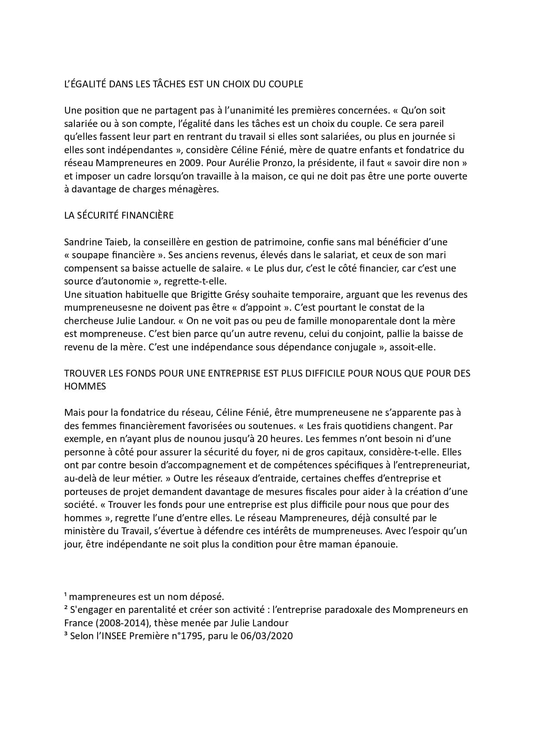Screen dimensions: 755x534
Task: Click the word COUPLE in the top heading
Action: click(x=286, y=84)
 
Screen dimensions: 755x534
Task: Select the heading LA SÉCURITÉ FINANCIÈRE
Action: click(x=119, y=215)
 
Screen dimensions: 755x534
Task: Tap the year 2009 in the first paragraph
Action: click(x=199, y=163)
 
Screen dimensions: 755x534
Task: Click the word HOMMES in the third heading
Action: click(x=85, y=386)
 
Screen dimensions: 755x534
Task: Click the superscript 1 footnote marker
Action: click(x=65, y=595)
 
